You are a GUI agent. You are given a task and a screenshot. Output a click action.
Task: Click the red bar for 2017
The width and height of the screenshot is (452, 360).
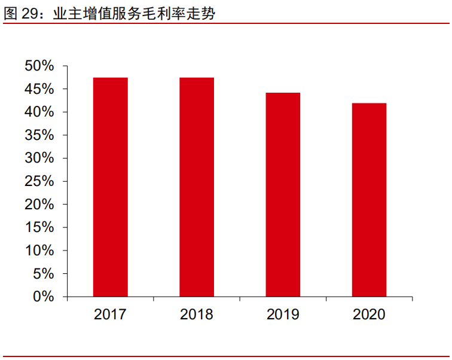(x=110, y=187)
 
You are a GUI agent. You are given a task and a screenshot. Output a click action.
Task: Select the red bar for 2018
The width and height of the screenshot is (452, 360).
(x=197, y=187)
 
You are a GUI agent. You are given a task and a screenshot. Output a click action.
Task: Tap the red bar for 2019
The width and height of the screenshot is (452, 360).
(x=283, y=195)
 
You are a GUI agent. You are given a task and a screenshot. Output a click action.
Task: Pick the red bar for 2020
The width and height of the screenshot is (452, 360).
(x=369, y=200)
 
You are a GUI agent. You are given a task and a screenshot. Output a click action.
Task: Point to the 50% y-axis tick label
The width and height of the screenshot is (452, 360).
(x=39, y=66)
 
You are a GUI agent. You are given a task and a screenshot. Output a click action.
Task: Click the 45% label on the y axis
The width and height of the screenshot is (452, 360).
(x=39, y=89)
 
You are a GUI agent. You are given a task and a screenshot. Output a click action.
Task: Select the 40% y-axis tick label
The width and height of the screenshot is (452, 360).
(x=39, y=112)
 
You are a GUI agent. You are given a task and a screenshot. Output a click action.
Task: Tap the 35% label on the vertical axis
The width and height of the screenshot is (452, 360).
(x=39, y=135)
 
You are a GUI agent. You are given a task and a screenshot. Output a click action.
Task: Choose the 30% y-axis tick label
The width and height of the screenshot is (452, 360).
(x=39, y=158)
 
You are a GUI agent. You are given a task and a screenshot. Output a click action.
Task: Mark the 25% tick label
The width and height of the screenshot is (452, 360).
(x=39, y=181)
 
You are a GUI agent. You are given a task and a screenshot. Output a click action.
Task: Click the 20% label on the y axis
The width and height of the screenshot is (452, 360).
(x=39, y=205)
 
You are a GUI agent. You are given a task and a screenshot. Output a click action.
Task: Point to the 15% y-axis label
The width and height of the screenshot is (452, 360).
(x=39, y=228)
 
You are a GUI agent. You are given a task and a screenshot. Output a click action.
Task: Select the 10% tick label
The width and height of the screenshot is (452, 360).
(x=39, y=251)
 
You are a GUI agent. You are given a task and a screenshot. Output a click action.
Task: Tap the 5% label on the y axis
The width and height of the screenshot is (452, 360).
(x=44, y=274)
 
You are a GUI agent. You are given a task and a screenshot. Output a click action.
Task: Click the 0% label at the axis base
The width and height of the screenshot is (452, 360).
(x=44, y=297)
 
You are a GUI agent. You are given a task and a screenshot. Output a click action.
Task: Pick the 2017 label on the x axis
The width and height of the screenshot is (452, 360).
(x=110, y=315)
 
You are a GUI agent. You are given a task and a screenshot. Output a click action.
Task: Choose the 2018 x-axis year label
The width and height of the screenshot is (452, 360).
(x=197, y=315)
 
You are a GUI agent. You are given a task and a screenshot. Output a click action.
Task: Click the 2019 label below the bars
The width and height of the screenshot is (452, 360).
(x=283, y=315)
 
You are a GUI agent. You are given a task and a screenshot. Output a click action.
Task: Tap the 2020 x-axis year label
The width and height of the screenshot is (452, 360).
(x=369, y=315)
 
